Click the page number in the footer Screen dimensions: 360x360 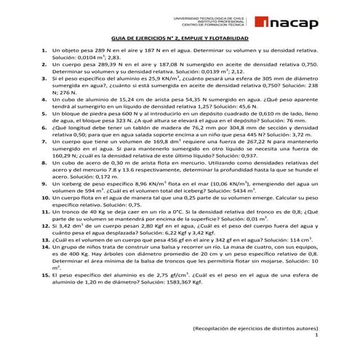[316, 337]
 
